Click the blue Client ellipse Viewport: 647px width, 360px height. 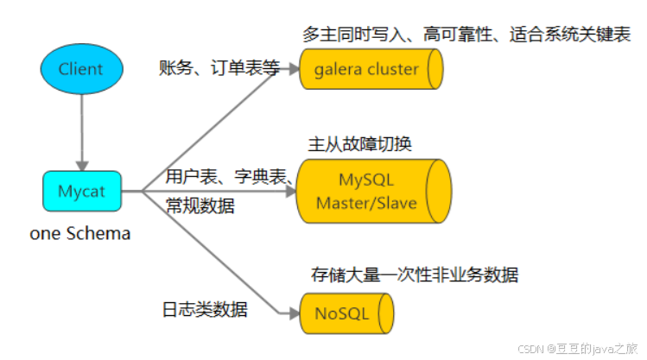click(82, 69)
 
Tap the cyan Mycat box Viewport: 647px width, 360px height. click(82, 192)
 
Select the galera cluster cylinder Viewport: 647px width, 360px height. click(371, 69)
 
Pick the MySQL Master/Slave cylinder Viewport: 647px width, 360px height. click(374, 192)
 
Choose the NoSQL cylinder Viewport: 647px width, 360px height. click(346, 313)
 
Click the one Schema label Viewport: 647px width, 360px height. click(80, 233)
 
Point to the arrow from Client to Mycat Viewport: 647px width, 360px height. click(82, 133)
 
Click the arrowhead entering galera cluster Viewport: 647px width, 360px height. click(294, 69)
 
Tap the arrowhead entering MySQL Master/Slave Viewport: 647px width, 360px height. click(291, 192)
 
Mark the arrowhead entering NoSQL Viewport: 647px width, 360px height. click(295, 314)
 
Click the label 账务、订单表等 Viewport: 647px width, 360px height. click(219, 67)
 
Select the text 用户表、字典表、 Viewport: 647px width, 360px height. click(230, 177)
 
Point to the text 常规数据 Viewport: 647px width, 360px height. click(200, 205)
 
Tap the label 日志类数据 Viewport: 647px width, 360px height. click(205, 309)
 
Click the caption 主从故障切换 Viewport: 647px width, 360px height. click(360, 144)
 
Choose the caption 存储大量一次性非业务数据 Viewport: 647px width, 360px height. click(415, 275)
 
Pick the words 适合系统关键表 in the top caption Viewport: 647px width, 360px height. click(570, 35)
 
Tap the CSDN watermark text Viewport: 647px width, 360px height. click(578, 349)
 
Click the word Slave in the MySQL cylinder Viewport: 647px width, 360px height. click(397, 203)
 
